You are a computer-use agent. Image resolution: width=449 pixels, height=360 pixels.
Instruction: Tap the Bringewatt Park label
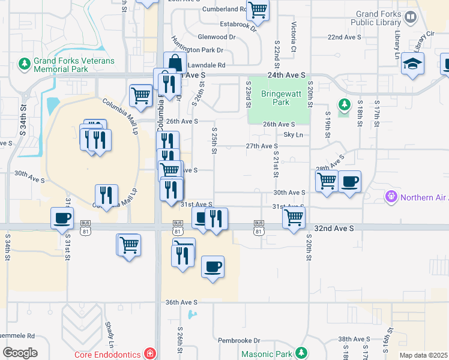pyautogui.click(x=276, y=98)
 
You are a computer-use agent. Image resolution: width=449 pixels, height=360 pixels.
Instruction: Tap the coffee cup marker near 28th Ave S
pyautogui.click(x=349, y=181)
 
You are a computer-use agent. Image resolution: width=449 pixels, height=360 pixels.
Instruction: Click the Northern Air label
pyautogui.click(x=420, y=196)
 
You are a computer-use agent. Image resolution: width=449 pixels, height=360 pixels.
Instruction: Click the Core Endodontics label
pyautogui.click(x=107, y=355)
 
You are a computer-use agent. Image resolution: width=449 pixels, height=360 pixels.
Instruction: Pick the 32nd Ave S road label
pyautogui.click(x=334, y=229)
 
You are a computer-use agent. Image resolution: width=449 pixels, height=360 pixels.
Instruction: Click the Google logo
pyautogui.click(x=20, y=353)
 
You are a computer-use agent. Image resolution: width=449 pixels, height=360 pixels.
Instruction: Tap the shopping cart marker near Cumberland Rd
pyautogui.click(x=258, y=9)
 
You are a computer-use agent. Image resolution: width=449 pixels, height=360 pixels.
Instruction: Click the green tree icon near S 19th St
pyautogui.click(x=344, y=105)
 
